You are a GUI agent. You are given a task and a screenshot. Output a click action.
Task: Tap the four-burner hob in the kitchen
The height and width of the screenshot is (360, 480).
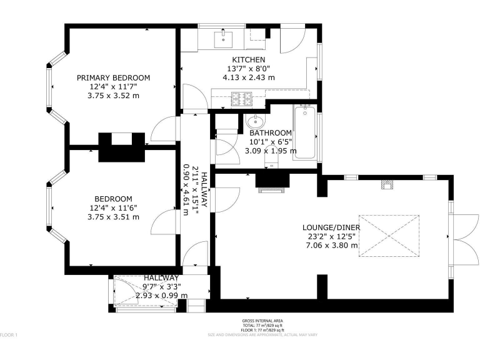point(242,97)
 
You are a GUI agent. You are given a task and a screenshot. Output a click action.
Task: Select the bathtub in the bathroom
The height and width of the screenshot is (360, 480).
point(306,132)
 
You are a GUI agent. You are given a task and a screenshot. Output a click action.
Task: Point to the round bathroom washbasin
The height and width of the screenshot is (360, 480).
point(256,121)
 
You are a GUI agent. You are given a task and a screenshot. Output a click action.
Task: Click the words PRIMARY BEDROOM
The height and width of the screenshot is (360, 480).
point(114,77)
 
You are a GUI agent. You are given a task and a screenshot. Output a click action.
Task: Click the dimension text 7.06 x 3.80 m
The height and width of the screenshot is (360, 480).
point(331,246)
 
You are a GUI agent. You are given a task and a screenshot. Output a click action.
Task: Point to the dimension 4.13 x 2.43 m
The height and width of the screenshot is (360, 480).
point(249,77)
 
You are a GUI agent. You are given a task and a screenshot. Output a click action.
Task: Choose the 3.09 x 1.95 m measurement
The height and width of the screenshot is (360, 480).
point(271,151)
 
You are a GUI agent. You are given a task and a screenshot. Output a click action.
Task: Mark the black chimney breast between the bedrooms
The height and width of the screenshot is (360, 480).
point(122,147)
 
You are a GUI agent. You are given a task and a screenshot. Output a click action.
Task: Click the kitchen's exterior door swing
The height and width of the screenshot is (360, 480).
point(292,41)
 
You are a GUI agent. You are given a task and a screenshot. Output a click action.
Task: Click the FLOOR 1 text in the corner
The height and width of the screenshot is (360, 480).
point(9,336)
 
